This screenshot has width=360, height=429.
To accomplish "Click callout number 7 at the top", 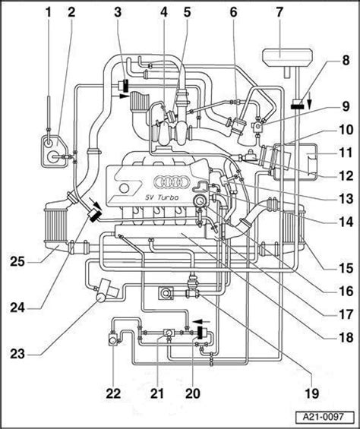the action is (279, 12).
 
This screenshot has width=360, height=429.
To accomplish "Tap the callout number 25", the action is (17, 262).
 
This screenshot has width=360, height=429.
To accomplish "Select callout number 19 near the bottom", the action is (312, 393).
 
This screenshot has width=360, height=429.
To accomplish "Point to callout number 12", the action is (346, 175).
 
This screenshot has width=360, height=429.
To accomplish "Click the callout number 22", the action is (113, 393).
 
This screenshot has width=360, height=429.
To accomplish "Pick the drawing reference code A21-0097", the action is (323, 417).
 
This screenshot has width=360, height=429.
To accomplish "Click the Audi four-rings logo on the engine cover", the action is (172, 182).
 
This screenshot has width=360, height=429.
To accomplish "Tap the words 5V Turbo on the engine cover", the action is (162, 197).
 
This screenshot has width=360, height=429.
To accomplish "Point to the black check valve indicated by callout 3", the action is (126, 86).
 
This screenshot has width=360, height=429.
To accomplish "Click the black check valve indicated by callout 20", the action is (203, 332).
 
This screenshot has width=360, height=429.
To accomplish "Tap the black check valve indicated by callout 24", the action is (94, 215).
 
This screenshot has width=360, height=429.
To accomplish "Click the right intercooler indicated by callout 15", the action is (293, 226).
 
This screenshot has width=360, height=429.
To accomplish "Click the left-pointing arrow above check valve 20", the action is (201, 321).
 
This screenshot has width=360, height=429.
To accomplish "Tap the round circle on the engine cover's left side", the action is (125, 188).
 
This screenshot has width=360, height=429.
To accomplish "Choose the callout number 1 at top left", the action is (49, 12).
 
